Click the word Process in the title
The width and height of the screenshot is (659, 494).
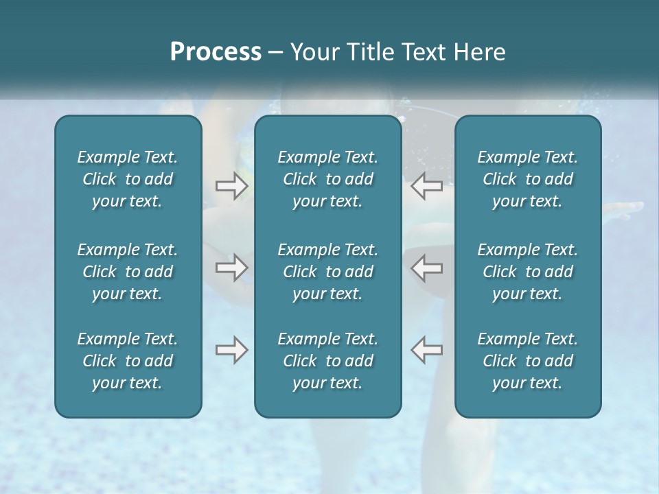[216, 51]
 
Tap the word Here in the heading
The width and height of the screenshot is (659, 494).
[480, 51]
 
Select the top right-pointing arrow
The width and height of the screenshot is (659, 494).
[232, 186]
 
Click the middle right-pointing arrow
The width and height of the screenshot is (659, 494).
[232, 268]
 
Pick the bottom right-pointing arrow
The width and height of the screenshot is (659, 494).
[232, 350]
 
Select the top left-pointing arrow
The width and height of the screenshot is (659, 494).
[426, 186]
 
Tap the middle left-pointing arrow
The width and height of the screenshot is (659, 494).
[426, 268]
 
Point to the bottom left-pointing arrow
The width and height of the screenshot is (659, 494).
[426, 350]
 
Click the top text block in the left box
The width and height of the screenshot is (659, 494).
[128, 179]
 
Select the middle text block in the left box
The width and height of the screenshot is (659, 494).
[128, 272]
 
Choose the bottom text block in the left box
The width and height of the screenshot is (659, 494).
[128, 361]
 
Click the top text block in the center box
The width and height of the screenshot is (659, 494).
[328, 179]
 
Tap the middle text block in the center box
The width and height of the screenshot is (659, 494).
[328, 272]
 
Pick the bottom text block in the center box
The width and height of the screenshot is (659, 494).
[328, 361]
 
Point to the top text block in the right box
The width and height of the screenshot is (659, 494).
[528, 179]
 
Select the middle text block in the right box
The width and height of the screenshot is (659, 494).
[528, 272]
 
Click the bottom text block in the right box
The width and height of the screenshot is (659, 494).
[528, 361]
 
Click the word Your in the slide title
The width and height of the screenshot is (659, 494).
[313, 51]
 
